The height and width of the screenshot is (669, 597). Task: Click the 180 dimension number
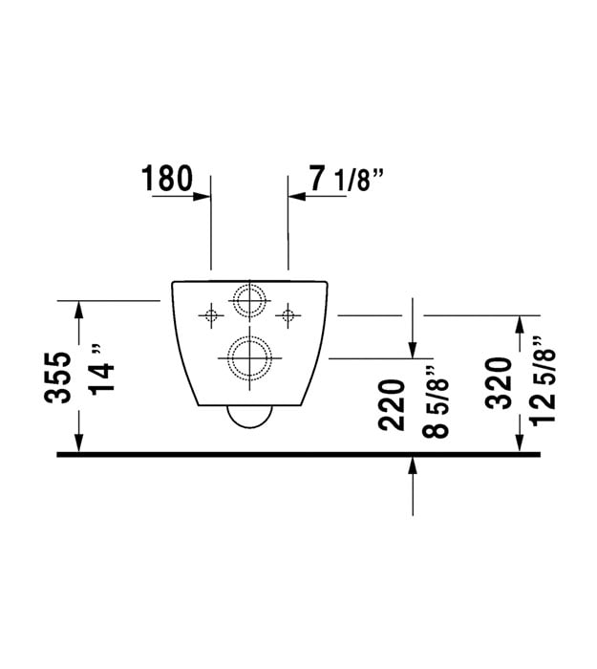click(x=167, y=179)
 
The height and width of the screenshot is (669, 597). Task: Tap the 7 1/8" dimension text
click(x=346, y=180)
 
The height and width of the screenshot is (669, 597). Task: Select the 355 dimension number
click(x=57, y=378)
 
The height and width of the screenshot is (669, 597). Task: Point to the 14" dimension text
click(x=102, y=368)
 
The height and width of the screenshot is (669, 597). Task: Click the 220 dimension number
click(x=392, y=405)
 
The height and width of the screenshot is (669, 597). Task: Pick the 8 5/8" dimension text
click(x=436, y=402)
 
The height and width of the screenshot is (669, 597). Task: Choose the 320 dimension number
click(x=499, y=384)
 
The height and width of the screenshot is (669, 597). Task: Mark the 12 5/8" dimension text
click(x=543, y=379)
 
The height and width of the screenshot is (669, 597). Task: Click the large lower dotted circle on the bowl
click(x=249, y=336)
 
